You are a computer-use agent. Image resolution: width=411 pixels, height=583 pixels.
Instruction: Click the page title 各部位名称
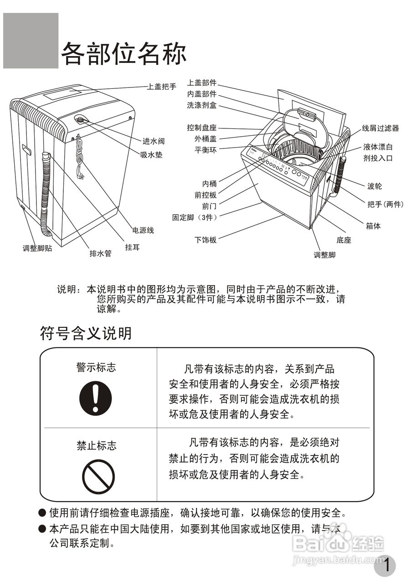pyautogui.click(x=123, y=54)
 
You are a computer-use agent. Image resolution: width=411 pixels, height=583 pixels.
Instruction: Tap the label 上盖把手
pyautogui.click(x=161, y=87)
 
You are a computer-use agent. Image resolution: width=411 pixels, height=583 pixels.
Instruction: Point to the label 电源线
pyautogui.click(x=143, y=230)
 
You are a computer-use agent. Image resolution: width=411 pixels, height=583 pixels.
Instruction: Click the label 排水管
pyautogui.click(x=100, y=254)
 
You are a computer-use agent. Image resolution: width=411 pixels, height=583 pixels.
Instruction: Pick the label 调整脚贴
pyautogui.click(x=37, y=249)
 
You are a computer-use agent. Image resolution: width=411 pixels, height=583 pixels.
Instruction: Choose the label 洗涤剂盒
pyautogui.click(x=201, y=105)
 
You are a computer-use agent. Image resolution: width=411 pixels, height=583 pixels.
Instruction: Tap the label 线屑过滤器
pyautogui.click(x=380, y=128)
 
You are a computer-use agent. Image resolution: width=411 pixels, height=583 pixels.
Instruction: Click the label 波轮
pyautogui.click(x=375, y=186)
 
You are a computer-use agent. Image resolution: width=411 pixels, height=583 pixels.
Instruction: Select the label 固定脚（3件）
pyautogui.click(x=194, y=217)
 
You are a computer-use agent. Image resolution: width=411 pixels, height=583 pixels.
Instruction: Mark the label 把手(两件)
pyautogui.click(x=385, y=204)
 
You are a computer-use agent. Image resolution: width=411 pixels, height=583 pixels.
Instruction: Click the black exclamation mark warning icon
pyautogui.click(x=96, y=398)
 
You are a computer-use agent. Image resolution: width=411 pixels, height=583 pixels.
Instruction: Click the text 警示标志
pyautogui.click(x=96, y=368)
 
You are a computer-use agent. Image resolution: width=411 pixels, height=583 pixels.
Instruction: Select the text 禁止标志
pyautogui.click(x=96, y=445)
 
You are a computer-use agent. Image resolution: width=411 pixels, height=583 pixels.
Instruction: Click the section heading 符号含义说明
pyautogui.click(x=86, y=333)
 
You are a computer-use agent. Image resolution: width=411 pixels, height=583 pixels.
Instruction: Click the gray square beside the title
pyautogui.click(x=31, y=41)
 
